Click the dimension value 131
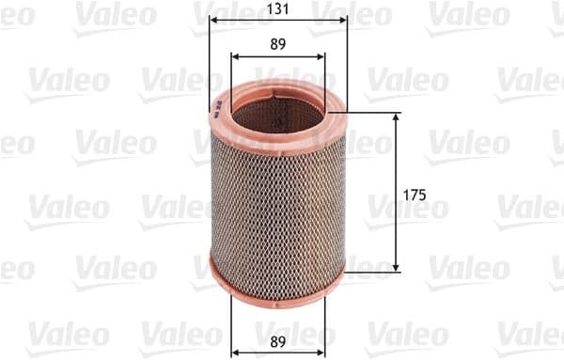click(277, 9)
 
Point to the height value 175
click(415, 195)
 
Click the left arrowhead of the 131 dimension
click(212, 19)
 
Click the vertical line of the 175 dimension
click(395, 226)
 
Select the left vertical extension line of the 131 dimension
click(208, 56)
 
